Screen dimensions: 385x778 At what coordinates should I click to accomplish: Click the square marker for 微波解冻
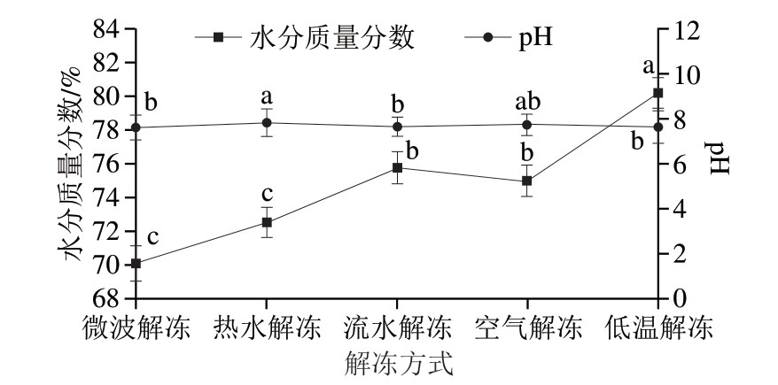pos(136,264)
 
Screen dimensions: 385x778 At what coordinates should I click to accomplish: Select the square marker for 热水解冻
pos(267,222)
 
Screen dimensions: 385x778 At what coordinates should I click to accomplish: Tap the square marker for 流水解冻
pos(397,167)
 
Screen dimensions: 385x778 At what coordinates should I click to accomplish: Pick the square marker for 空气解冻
pos(527,181)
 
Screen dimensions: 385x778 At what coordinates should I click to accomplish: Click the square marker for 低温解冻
pos(657,93)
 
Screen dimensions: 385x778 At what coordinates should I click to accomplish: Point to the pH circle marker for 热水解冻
pos(267,123)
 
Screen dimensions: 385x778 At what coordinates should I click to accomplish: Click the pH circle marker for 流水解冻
pos(397,127)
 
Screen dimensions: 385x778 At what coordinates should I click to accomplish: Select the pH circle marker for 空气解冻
pos(527,124)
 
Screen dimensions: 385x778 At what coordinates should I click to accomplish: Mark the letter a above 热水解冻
pos(266,96)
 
